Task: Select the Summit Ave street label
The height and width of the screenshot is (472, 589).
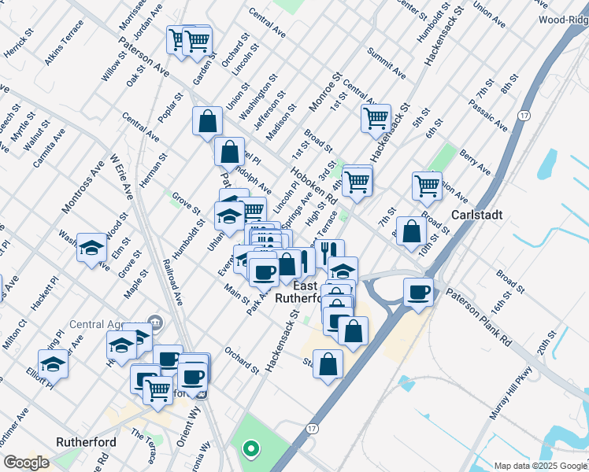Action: (387, 63)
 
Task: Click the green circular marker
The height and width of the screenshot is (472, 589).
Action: (251, 450)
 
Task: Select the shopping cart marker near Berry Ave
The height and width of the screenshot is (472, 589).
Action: (426, 186)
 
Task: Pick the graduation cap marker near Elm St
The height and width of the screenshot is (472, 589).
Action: (91, 247)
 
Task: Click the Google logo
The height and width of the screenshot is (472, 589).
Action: (26, 463)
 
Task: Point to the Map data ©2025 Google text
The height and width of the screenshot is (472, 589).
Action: (539, 466)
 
